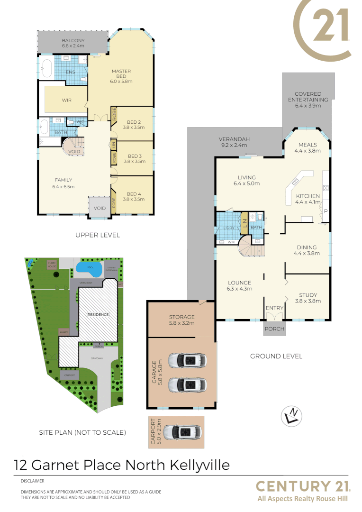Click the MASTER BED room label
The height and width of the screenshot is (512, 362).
(x=121, y=72)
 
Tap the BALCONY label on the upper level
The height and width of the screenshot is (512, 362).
(x=73, y=41)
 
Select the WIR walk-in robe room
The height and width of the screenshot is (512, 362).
(x=66, y=101)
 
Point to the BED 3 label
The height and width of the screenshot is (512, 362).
(x=135, y=155)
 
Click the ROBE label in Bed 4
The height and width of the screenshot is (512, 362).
(x=114, y=203)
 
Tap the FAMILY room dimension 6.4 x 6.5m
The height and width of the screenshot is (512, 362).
(x=63, y=186)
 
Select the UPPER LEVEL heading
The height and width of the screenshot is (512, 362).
(x=98, y=235)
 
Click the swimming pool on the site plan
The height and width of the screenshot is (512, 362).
(x=89, y=269)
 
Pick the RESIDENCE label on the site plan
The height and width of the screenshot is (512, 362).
(x=98, y=314)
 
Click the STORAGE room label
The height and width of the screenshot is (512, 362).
(x=182, y=317)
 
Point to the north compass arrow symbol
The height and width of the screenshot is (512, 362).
(x=292, y=415)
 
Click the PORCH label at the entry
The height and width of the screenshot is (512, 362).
(x=275, y=329)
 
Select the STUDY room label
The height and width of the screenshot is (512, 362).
(x=306, y=295)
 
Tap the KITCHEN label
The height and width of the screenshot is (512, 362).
(x=308, y=196)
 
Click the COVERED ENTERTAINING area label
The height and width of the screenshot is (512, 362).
(x=308, y=97)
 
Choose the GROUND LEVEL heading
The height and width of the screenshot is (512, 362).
(x=276, y=356)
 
